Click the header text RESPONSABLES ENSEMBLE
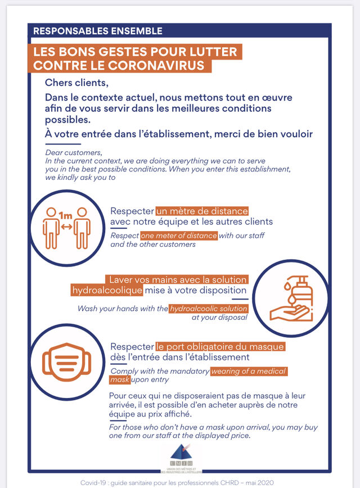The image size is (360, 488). (x=98, y=31)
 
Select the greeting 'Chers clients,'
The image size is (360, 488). (x=76, y=83)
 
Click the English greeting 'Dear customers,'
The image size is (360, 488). (x=74, y=153)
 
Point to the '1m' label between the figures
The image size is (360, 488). (x=65, y=214)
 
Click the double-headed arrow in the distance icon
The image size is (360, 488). (x=66, y=227)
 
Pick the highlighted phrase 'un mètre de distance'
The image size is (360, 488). (x=202, y=211)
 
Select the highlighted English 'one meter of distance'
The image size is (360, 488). (x=179, y=236)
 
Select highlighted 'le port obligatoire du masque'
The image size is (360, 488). (x=220, y=346)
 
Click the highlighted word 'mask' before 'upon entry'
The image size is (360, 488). (x=120, y=380)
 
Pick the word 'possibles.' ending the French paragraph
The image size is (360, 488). (x=67, y=120)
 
